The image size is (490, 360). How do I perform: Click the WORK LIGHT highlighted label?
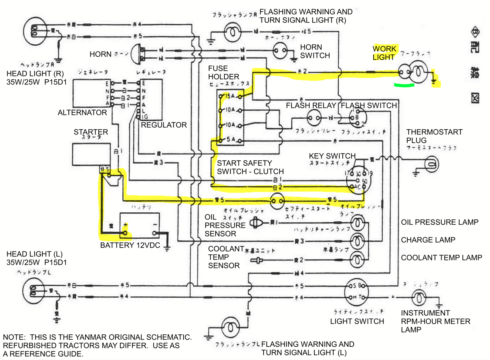384,53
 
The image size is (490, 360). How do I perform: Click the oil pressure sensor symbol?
255,222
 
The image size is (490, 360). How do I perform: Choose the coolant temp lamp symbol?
357,260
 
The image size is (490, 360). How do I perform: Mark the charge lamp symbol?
357,241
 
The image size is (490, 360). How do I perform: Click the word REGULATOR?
164,125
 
